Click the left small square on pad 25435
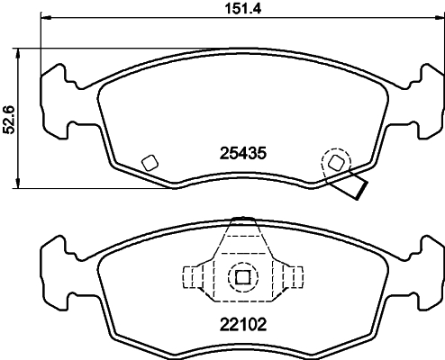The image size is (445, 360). click(150, 163)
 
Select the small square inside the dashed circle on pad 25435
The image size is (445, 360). click(336, 162)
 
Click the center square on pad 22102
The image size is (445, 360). click(241, 276)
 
